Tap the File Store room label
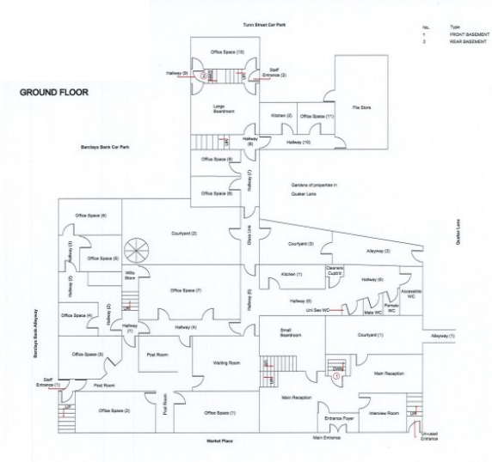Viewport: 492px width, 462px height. coord(361,107)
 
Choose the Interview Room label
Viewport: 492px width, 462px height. coord(384,413)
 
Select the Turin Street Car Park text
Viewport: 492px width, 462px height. coord(263,27)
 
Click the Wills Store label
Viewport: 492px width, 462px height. coord(131,276)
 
